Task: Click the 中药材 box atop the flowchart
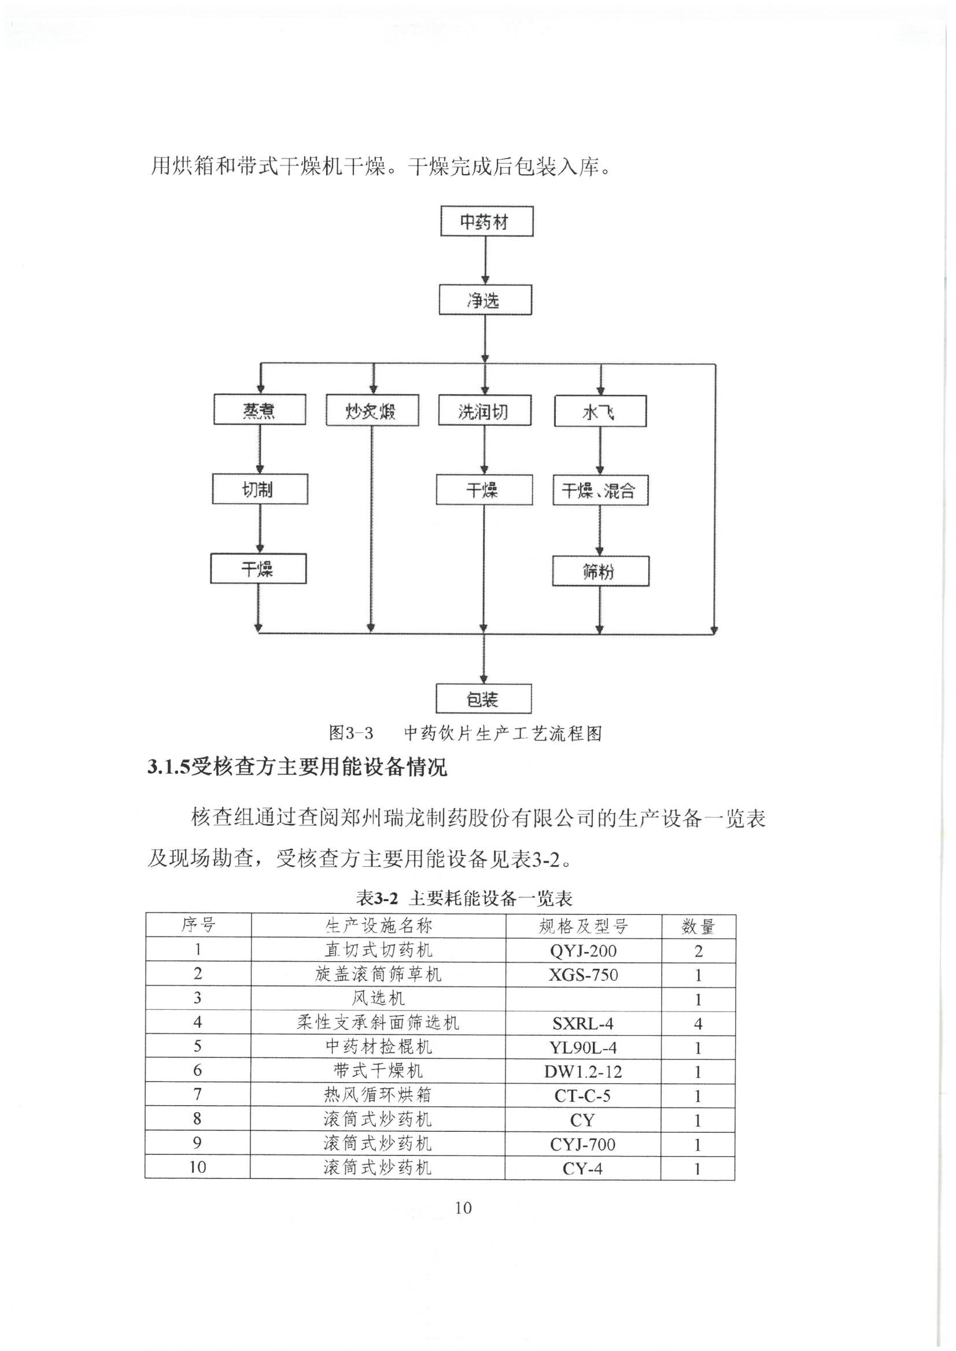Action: tap(487, 222)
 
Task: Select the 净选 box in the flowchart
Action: tap(485, 300)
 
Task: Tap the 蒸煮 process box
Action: tap(260, 409)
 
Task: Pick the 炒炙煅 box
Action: tap(372, 409)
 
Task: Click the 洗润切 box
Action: tap(485, 409)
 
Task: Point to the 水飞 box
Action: tap(600, 411)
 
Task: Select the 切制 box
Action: tap(260, 489)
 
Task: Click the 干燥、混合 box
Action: tap(600, 490)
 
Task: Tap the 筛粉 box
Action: tap(600, 571)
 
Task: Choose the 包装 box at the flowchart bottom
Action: tap(484, 699)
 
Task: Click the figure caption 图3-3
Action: tap(351, 733)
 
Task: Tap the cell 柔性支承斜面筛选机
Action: tap(378, 1023)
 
